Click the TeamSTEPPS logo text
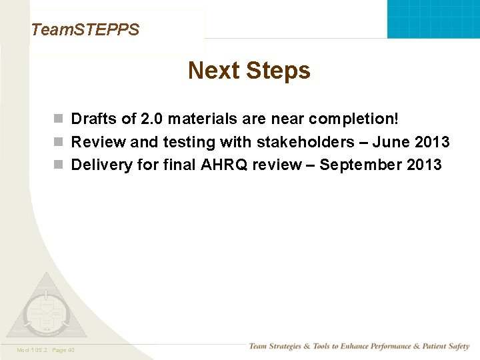85,29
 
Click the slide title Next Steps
249,71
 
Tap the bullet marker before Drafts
59,119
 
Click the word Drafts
94,119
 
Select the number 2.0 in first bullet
152,119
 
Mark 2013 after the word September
423,165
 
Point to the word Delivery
101,165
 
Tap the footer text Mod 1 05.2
31,349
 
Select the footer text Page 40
63,349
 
